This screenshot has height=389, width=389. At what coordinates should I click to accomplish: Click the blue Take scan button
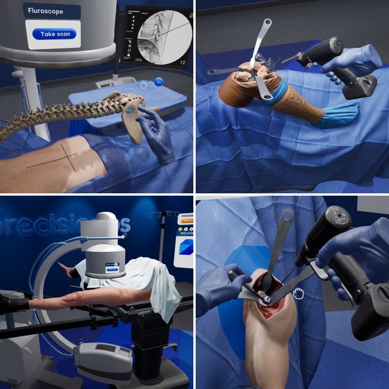[54, 34]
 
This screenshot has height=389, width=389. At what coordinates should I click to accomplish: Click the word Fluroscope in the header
[51, 10]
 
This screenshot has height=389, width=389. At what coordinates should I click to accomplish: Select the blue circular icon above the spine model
[159, 82]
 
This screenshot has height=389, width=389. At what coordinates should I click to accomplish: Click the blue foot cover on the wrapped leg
[339, 114]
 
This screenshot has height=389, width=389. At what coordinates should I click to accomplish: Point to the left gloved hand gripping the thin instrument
[218, 287]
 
